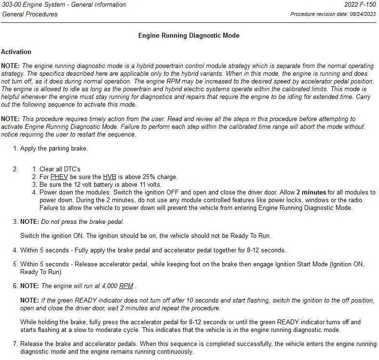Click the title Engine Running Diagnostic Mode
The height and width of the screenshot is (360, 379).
click(x=189, y=35)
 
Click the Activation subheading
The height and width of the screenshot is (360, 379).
click(x=16, y=52)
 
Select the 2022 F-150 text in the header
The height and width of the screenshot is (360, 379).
click(x=360, y=5)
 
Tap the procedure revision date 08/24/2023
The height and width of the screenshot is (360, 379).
click(x=361, y=14)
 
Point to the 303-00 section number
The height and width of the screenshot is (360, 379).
click(x=11, y=5)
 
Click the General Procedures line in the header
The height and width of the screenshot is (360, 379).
click(x=29, y=14)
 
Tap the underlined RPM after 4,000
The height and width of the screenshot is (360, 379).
click(x=126, y=286)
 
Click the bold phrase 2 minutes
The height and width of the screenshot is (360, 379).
click(x=311, y=193)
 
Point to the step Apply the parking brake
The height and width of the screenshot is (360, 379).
click(x=54, y=149)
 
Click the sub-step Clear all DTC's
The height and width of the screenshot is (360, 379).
click(x=60, y=169)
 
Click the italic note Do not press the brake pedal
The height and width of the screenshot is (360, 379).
click(x=82, y=222)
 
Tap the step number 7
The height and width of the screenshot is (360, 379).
click(x=15, y=344)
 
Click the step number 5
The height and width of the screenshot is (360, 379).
click(x=15, y=264)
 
